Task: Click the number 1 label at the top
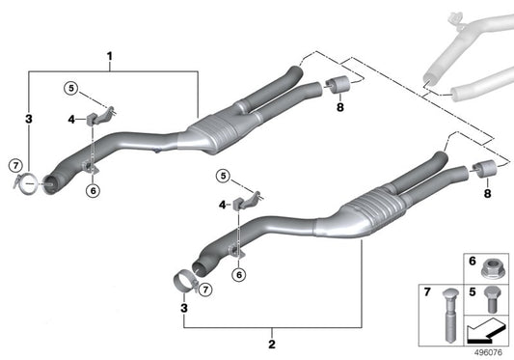[111, 55]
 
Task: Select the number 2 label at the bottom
[273, 344]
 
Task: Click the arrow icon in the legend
[485, 333]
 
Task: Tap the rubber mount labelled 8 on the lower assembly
[486, 172]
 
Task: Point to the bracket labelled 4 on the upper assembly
[100, 119]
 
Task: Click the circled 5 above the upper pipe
[70, 88]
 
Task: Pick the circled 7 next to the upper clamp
[16, 165]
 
